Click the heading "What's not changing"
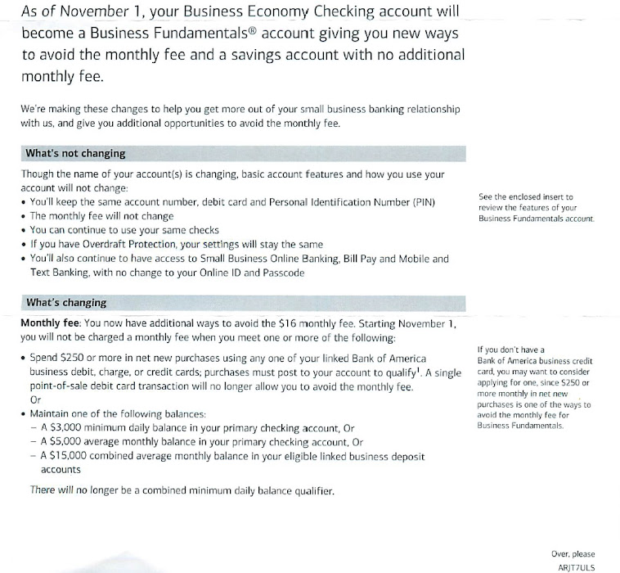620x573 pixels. pyautogui.click(x=75, y=154)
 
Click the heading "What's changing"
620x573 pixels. pyautogui.click(x=66, y=302)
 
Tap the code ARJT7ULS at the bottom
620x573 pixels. pyautogui.click(x=577, y=566)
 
